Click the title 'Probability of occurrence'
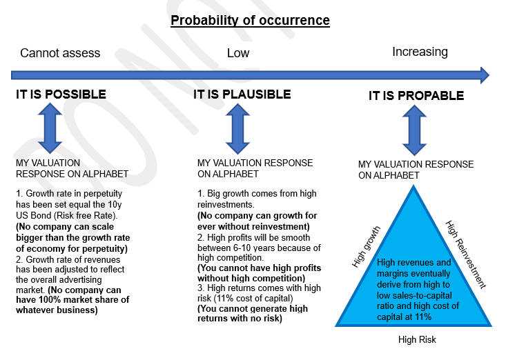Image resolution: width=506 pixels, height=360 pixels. (250, 20)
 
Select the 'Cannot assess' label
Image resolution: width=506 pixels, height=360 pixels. (60, 53)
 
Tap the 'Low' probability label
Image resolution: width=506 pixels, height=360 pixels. (238, 53)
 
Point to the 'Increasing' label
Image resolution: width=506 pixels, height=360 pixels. (420, 52)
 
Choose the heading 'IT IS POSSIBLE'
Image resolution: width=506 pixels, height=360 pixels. (61, 94)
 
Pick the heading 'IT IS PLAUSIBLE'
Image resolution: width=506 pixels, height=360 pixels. (242, 94)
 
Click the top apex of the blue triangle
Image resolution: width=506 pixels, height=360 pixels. (416, 186)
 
